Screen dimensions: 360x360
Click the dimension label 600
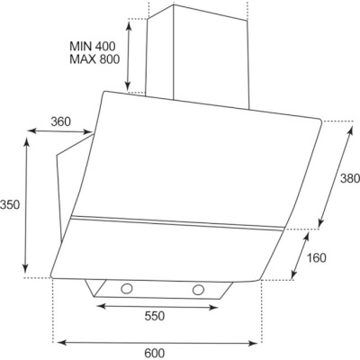[x=155, y=353]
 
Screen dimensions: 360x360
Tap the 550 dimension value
[x=155, y=316]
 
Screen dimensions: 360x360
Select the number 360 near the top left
[x=61, y=121]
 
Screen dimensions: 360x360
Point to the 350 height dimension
[x=10, y=205]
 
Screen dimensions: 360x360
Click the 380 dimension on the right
[x=350, y=179]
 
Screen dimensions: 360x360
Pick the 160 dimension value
[x=316, y=257]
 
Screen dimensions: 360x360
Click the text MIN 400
[x=92, y=46]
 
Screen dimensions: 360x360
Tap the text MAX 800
[x=94, y=59]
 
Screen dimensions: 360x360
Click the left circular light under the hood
[x=127, y=289]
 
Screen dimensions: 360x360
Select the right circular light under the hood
[x=198, y=290]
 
